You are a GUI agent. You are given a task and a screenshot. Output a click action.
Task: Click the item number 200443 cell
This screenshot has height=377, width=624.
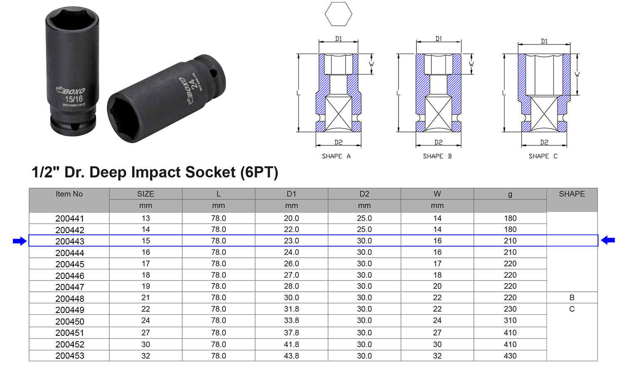[69, 241]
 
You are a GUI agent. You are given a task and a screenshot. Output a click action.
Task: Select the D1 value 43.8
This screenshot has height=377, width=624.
[291, 356]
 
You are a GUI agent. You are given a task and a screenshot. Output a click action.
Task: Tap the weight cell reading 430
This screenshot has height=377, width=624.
[510, 356]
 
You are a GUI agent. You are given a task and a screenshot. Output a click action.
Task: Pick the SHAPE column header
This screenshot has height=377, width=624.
[572, 194]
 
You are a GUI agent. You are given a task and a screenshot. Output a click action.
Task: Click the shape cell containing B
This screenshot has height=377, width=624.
[572, 298]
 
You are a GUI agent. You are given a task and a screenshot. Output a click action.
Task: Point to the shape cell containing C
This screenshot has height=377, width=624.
[572, 309]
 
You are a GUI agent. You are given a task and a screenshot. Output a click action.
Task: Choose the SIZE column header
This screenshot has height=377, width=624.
[146, 194]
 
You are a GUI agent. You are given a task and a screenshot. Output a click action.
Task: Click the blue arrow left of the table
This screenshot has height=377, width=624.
[20, 241]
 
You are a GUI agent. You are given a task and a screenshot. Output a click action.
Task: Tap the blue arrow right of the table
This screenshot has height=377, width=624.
[608, 240]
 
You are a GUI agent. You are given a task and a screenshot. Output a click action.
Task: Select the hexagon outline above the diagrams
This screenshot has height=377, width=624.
[338, 14]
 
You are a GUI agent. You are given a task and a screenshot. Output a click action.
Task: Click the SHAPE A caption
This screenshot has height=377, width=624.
[336, 156]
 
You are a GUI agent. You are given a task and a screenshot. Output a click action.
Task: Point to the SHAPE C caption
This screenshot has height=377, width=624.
[543, 156]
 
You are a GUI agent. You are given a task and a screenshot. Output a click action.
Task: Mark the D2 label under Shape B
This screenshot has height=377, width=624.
[438, 143]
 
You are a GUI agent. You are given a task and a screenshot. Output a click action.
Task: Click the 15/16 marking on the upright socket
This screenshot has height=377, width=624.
[74, 99]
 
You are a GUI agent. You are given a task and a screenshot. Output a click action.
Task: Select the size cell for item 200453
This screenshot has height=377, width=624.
[146, 356]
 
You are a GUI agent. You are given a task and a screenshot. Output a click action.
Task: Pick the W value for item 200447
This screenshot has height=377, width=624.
[437, 286]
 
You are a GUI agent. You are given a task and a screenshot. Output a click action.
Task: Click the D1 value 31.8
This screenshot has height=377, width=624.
[291, 309]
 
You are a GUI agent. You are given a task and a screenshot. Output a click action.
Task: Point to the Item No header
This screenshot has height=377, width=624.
[69, 194]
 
